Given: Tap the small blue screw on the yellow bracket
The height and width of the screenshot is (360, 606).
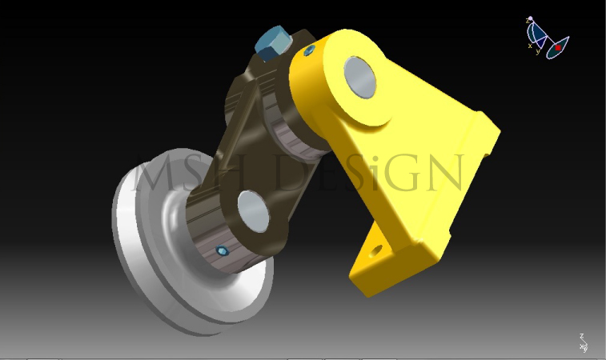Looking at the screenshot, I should click(307, 52).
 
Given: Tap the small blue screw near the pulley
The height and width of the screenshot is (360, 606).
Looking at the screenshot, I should click(222, 252).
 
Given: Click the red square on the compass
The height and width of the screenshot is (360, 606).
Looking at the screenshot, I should click(558, 47).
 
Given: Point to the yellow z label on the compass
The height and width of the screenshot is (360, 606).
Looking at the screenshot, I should click(528, 20).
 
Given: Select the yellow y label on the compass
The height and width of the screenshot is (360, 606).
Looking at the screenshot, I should click(538, 51).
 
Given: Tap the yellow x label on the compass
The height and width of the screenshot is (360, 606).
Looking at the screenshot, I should click(530, 46).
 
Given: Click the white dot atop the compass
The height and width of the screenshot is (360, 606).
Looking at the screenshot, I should click(530, 18).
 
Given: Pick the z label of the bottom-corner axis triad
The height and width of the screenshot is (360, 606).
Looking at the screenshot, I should click(582, 338).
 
